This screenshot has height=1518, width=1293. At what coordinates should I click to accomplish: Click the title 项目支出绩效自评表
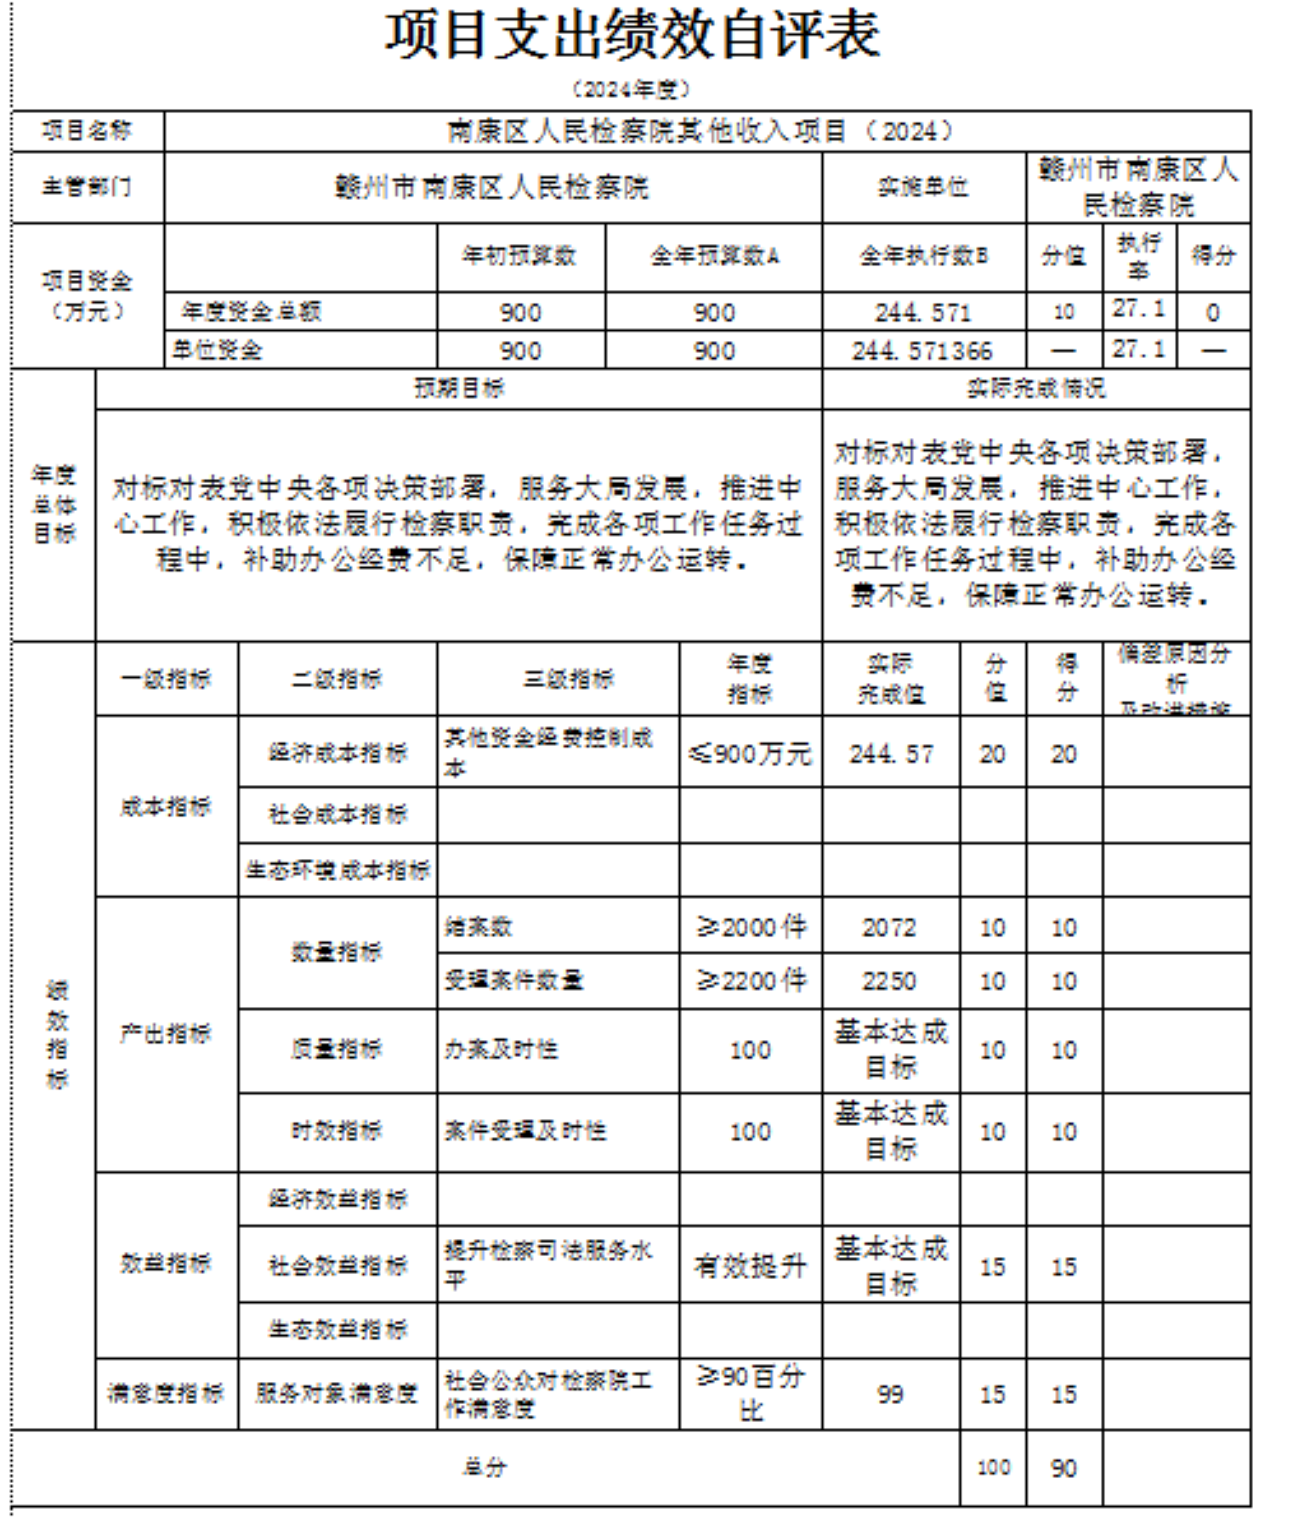coord(632,36)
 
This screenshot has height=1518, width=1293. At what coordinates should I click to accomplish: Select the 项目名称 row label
coord(88,131)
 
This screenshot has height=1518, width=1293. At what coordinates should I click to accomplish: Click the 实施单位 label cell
coord(923,187)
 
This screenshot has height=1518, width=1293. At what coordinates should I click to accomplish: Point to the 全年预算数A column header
coord(713,256)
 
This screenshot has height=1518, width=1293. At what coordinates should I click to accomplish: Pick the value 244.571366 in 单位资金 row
coord(923,350)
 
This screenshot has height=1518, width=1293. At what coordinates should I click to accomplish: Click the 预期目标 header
coord(459,389)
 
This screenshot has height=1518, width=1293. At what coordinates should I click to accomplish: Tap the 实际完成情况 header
coord(1035,389)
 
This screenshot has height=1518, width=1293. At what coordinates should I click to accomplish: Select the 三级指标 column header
coord(568,679)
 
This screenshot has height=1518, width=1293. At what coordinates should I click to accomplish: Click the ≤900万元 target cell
coord(750,753)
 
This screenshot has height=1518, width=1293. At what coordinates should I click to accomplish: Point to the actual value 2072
coord(889,927)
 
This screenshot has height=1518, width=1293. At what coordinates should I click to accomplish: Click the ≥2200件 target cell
coord(750,981)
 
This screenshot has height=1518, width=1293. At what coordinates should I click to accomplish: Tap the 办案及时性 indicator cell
coord(502,1049)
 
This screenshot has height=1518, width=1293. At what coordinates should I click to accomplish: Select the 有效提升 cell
coord(750,1266)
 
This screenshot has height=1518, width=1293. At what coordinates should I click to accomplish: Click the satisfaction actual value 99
coord(889,1394)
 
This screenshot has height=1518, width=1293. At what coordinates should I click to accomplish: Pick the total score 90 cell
coord(1063,1469)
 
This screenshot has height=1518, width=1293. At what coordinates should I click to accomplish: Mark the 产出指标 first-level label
coord(166,1034)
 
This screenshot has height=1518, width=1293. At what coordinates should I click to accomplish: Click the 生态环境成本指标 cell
coord(337,870)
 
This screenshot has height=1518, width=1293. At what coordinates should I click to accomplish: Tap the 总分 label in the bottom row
coord(485,1468)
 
